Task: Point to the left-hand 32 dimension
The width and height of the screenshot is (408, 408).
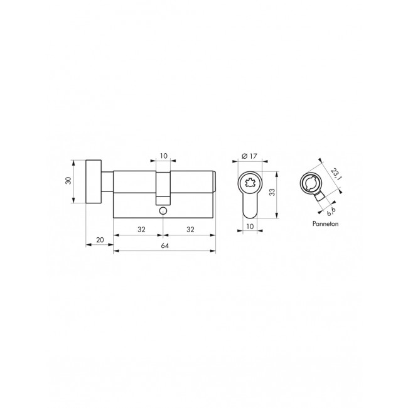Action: [x=141, y=230]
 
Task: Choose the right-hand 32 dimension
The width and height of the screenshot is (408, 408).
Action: [x=190, y=230]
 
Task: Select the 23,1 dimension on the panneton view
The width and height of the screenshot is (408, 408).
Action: [x=333, y=173]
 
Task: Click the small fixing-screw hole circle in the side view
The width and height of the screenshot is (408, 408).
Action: [x=164, y=211]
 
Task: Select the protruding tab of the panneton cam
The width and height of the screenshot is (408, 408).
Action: [x=320, y=198]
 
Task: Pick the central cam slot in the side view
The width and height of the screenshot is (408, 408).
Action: [x=164, y=188]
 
